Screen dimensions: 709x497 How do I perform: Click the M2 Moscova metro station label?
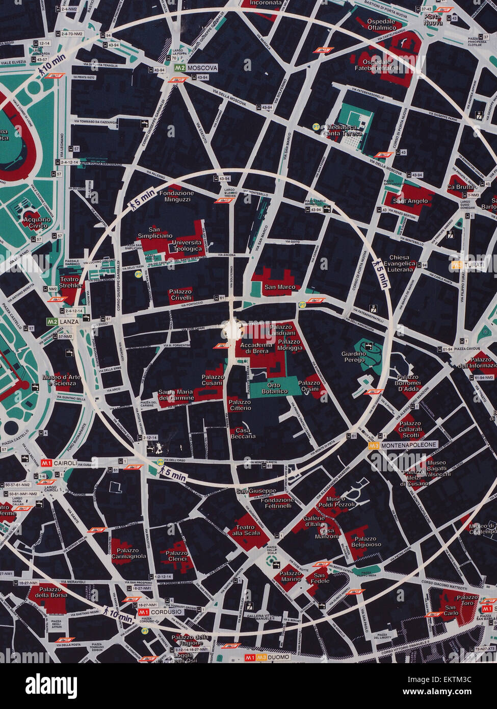point(196,68)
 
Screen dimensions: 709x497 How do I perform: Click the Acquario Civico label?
point(37,222)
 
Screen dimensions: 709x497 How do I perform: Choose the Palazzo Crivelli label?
point(180,294)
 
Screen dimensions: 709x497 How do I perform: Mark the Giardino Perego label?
point(354,357)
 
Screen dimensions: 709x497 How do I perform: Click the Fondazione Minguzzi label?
point(176,196)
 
